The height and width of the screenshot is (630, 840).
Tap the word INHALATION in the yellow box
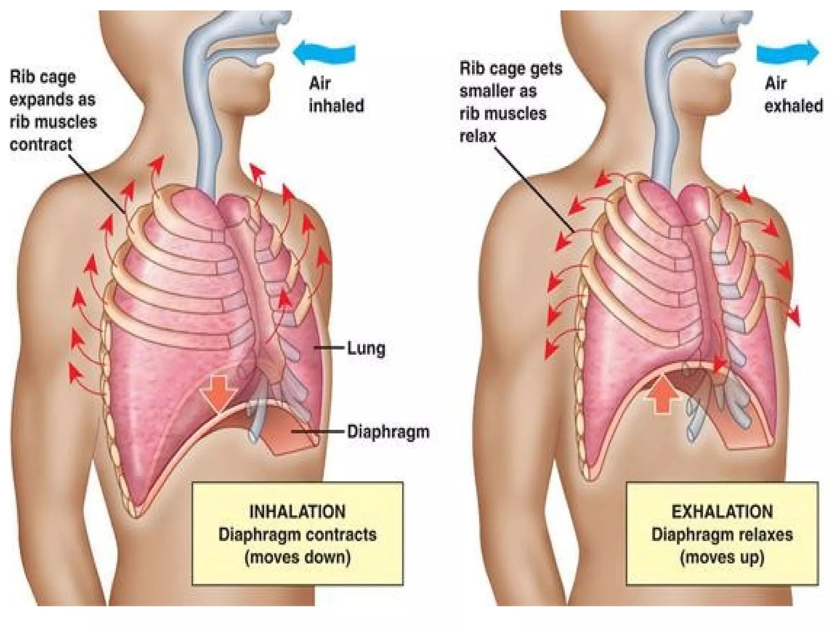[298, 512]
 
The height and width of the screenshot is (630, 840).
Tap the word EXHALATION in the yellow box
[722, 512]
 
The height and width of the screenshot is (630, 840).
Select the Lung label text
[366, 349]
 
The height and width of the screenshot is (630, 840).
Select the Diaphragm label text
[388, 432]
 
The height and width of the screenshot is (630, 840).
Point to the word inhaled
[336, 106]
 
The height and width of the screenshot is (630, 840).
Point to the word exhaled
[794, 106]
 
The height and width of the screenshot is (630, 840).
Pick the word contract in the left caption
[41, 144]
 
